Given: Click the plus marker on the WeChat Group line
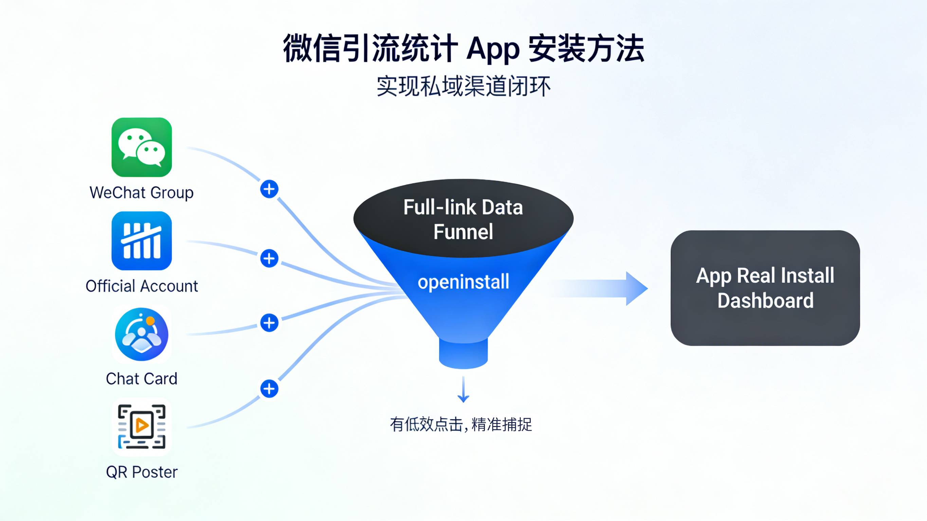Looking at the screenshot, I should coord(269,189).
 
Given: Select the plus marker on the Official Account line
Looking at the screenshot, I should coord(269,258).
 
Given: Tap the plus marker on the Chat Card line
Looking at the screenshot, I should coord(269,323).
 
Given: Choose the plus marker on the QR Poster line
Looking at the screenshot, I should coord(269,389).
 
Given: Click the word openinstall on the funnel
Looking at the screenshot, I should coord(463,282).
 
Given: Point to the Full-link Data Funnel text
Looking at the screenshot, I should coord(463,219).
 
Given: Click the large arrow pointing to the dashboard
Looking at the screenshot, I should coord(604,289).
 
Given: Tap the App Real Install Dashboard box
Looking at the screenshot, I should coord(765,288).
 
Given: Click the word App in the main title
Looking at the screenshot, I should coord(493,49).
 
